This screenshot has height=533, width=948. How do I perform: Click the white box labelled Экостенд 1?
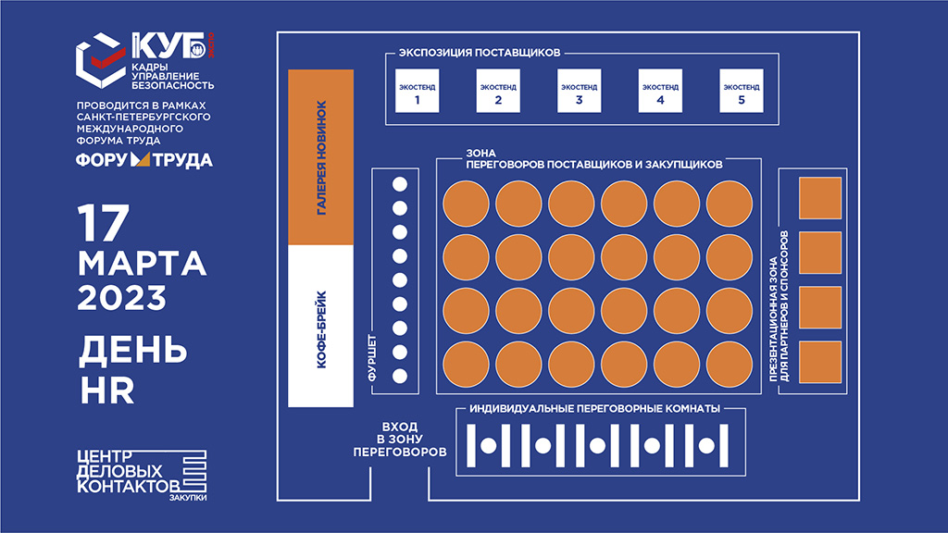click(418, 91)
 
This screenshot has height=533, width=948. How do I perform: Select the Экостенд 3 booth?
click(580, 91)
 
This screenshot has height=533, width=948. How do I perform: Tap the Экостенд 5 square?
click(742, 91)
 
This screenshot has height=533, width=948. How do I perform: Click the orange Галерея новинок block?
click(321, 157)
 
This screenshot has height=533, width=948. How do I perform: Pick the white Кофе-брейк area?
click(321, 327)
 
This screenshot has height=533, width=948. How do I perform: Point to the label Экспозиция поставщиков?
click(480, 53)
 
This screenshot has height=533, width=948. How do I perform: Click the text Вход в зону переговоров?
click(400, 440)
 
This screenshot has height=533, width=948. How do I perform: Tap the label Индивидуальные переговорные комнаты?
click(595, 408)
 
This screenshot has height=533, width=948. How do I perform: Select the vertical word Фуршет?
click(372, 358)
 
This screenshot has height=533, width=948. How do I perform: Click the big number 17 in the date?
click(104, 223)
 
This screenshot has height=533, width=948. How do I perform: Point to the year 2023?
click(121, 298)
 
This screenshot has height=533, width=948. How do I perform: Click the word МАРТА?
click(142, 264)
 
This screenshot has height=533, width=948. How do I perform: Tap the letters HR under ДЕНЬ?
click(107, 391)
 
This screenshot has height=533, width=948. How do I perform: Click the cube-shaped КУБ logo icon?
click(100, 60)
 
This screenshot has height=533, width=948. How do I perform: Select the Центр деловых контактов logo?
click(142, 475)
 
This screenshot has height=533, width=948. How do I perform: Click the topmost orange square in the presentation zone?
click(820, 198)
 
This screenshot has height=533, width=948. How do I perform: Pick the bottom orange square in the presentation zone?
click(820, 362)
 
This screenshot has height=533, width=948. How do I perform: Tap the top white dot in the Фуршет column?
click(400, 184)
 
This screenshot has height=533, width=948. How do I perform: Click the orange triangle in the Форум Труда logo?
click(141, 159)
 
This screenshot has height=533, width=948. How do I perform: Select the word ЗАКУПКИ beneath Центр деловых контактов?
click(188, 498)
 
